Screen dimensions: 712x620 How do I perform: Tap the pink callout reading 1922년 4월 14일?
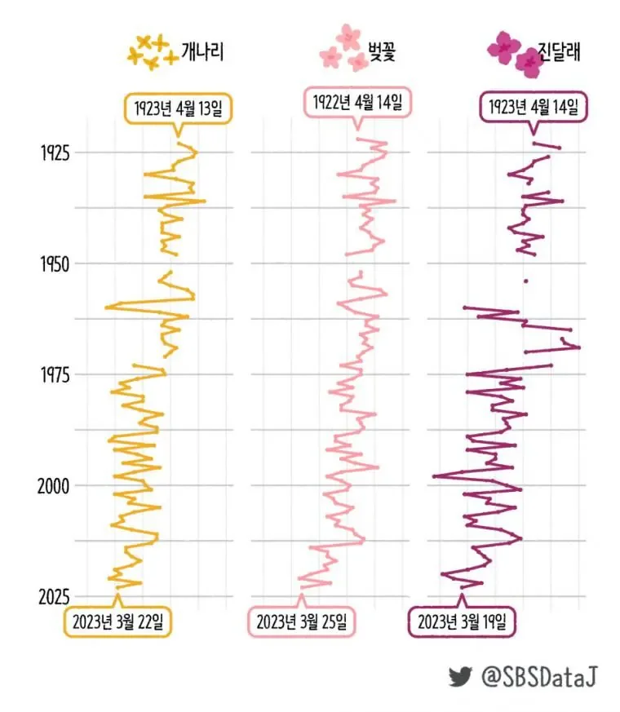point(357,103)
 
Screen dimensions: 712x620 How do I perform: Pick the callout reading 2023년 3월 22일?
point(117,621)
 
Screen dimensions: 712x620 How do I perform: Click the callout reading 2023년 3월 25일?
point(301,621)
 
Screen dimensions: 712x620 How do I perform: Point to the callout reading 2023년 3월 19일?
point(462,621)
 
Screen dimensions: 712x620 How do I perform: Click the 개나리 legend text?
point(202,52)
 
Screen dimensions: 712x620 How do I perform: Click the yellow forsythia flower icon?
point(153,51)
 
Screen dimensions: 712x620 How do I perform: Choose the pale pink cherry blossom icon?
point(344,49)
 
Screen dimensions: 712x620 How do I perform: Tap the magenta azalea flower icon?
point(516,52)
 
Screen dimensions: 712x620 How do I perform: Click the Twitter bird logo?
point(460,676)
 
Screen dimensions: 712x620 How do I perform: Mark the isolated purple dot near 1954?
point(526,281)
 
